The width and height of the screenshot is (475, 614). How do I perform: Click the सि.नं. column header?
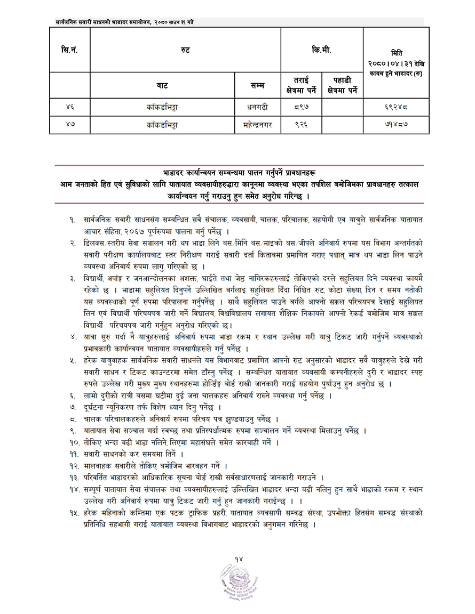pos(70,50)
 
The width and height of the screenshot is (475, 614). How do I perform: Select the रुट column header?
pos(185,50)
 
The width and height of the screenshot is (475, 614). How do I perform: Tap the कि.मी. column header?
pos(322,50)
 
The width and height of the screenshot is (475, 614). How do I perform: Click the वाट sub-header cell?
pos(163,85)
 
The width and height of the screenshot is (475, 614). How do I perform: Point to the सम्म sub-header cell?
pos(257,85)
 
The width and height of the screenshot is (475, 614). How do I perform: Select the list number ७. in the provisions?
pos(73,407)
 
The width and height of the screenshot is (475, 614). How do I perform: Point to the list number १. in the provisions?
pos(72,220)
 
